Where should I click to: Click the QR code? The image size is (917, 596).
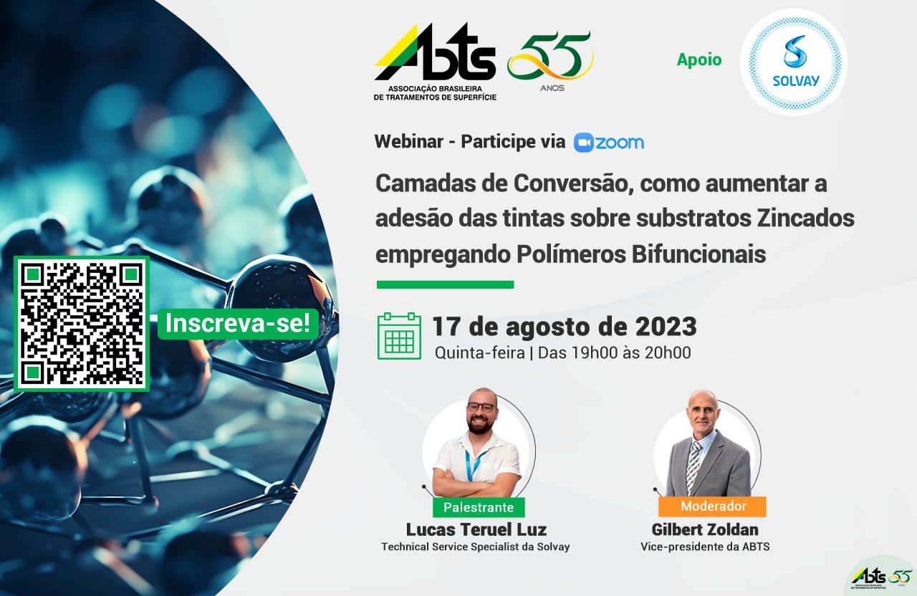[x=82, y=324]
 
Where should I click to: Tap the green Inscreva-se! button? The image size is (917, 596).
[x=238, y=324]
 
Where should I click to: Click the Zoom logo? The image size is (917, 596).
[x=609, y=143]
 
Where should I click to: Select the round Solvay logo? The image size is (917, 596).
[x=793, y=62]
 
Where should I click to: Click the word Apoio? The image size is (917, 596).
[x=699, y=59]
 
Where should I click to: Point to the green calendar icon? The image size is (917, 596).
[x=399, y=336]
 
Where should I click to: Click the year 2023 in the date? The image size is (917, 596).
[x=666, y=327]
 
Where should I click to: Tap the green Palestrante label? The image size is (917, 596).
[x=479, y=507]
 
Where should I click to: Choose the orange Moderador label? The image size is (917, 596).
[x=713, y=506]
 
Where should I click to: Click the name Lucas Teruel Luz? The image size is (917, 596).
[x=476, y=529]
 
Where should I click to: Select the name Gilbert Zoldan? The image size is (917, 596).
[x=705, y=529]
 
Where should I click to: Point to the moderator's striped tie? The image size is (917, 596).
[x=693, y=466]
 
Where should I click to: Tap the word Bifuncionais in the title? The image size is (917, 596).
[x=698, y=254]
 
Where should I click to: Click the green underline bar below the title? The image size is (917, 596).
[x=446, y=284]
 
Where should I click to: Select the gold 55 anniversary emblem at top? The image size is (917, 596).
[x=551, y=60]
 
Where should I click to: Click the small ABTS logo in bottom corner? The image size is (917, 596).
[x=880, y=578]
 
